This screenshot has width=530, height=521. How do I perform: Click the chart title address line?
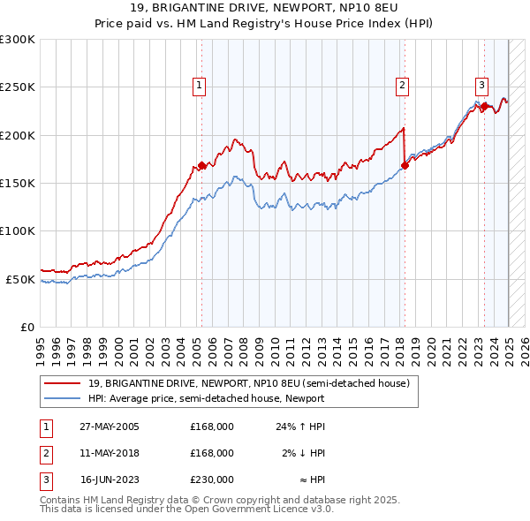(265, 8)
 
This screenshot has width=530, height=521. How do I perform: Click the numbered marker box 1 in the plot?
(201, 86)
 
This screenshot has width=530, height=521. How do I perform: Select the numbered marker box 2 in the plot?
(402, 86)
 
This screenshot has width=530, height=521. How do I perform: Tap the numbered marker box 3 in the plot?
(482, 86)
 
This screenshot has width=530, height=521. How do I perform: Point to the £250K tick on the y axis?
(19, 87)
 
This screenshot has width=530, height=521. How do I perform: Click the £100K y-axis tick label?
(19, 230)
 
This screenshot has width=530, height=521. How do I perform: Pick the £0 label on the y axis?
(28, 327)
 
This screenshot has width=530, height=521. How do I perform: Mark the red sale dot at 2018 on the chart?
(405, 164)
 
